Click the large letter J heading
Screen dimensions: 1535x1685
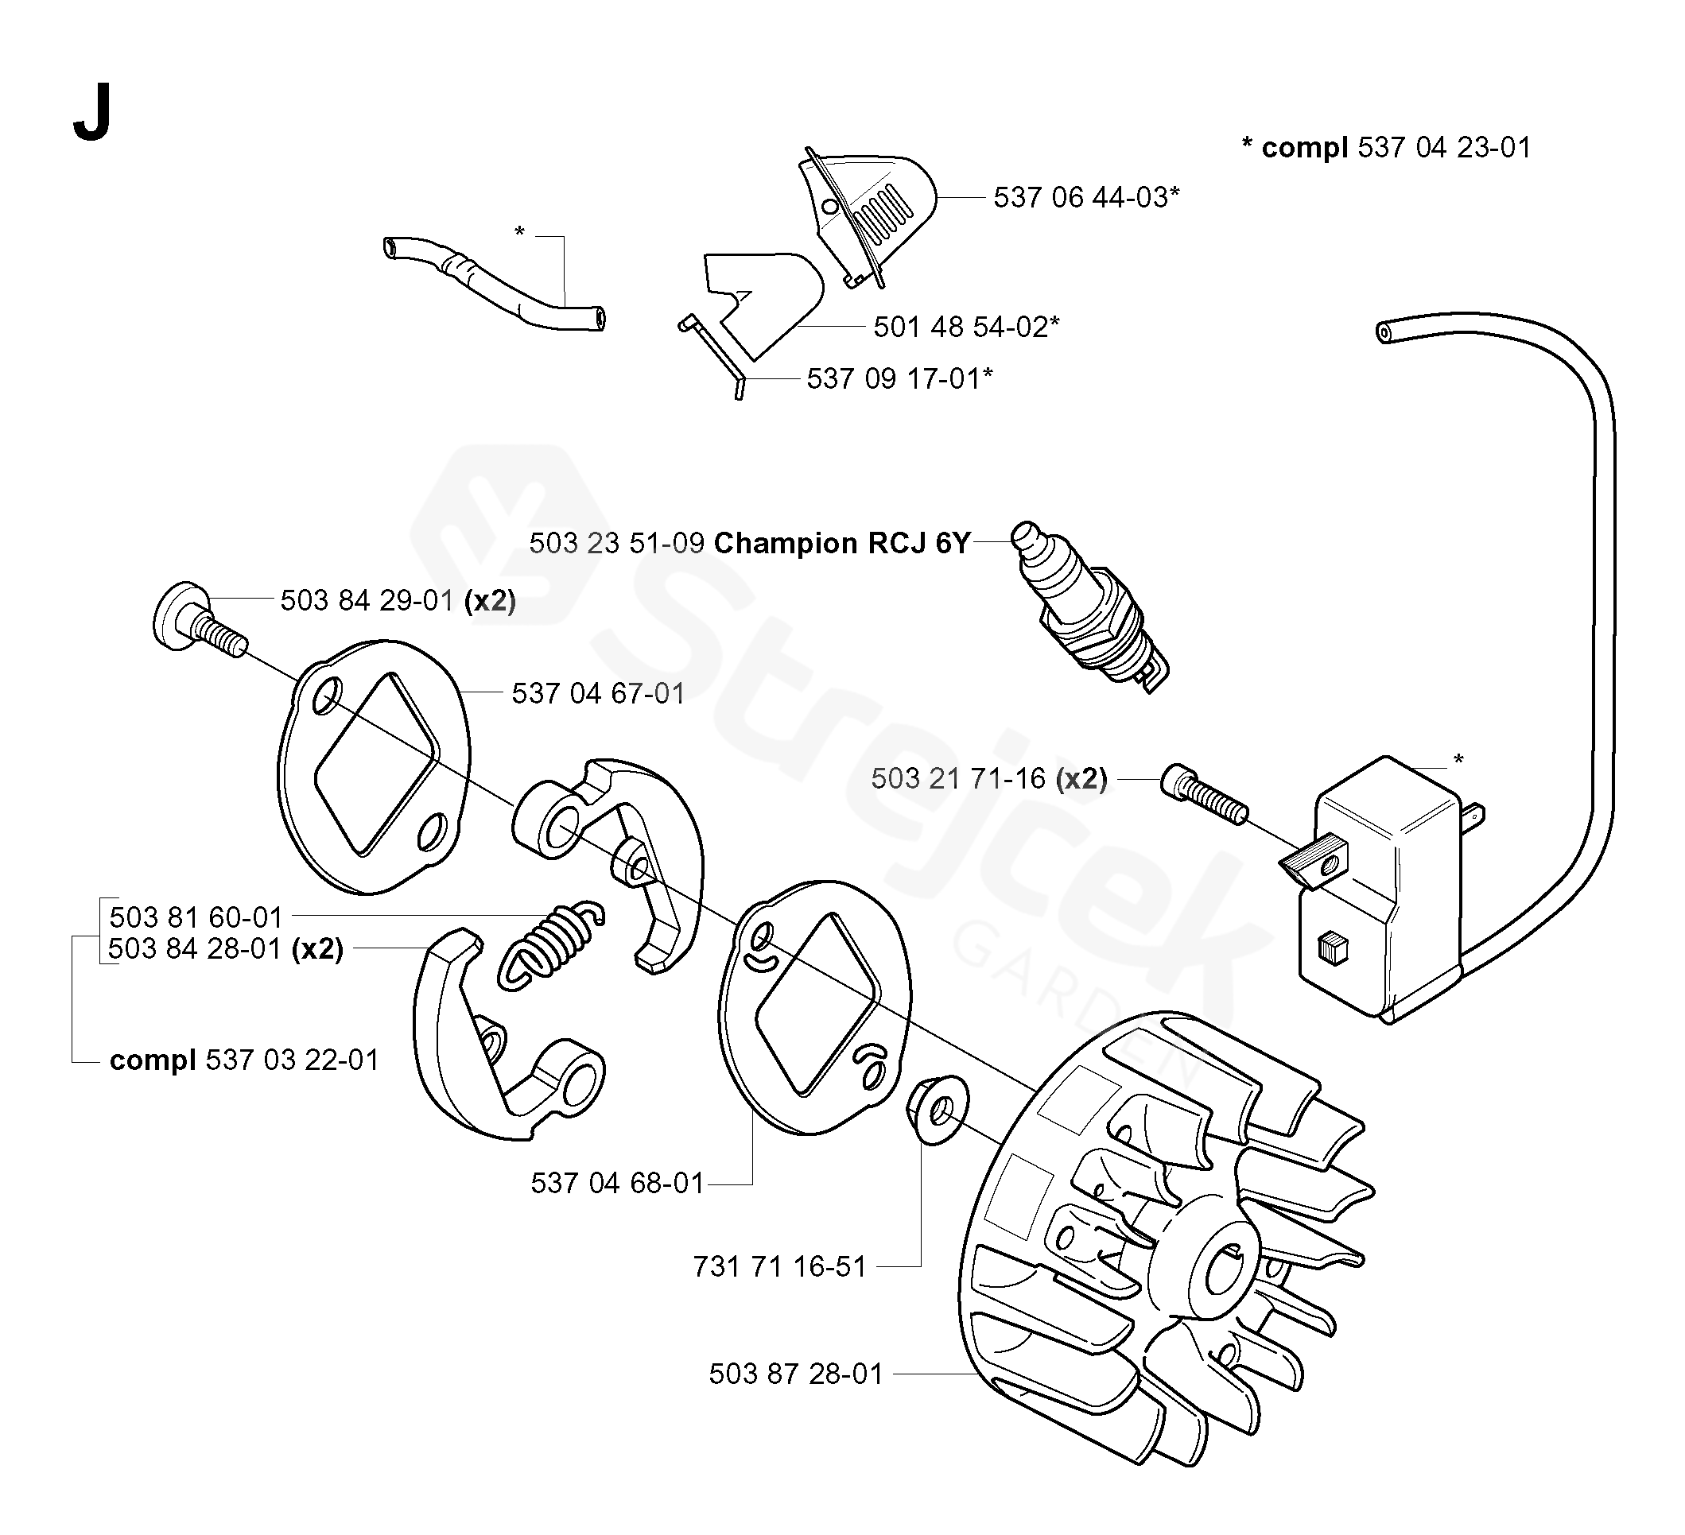pyautogui.click(x=92, y=114)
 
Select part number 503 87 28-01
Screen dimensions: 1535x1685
pyautogui.click(x=796, y=1374)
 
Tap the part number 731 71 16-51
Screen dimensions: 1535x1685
pyautogui.click(x=779, y=1267)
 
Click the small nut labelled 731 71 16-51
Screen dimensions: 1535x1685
pyautogui.click(x=937, y=1111)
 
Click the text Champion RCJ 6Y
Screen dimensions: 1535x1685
pyautogui.click(x=841, y=543)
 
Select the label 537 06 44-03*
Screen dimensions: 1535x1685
pyautogui.click(x=1085, y=197)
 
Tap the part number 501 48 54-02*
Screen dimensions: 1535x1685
pyautogui.click(x=966, y=327)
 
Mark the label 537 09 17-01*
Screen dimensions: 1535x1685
pyautogui.click(x=899, y=378)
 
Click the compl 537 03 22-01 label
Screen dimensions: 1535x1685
pyautogui.click(x=244, y=1060)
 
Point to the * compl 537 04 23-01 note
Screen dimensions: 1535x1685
pyautogui.click(x=1386, y=147)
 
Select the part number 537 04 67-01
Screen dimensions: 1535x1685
pyautogui.click(x=598, y=692)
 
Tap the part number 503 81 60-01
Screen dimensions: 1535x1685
pyautogui.click(x=196, y=917)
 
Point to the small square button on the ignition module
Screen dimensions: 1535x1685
pyautogui.click(x=1332, y=950)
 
